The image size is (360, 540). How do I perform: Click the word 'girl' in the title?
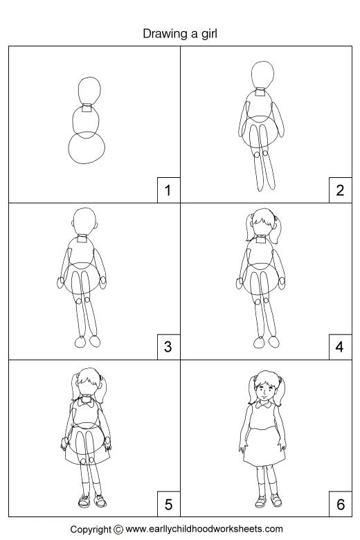coord(208,33)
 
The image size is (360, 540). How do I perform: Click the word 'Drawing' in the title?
coord(165,33)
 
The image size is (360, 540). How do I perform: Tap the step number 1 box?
coord(167,190)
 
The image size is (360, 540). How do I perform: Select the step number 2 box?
coord(339,190)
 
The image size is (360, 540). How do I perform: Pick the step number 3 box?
coord(167,347)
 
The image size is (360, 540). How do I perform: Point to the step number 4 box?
coord(339,347)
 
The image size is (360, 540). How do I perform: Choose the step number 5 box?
coord(167,504)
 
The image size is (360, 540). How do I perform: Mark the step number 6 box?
coord(339,504)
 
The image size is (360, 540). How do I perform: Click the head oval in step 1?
coord(89,90)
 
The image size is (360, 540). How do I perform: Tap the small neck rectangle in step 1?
coord(87,108)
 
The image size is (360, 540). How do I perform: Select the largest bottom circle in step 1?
coord(88,148)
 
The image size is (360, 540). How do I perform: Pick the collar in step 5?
coord(87,399)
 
